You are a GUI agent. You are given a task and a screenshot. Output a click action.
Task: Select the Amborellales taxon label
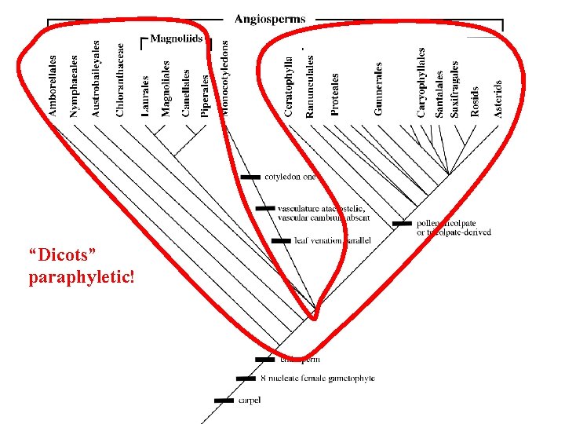pyautogui.click(x=53, y=86)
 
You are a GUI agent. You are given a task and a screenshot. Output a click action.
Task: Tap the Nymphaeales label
pyautogui.click(x=75, y=86)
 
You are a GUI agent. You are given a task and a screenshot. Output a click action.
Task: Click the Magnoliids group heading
pyautogui.click(x=176, y=38)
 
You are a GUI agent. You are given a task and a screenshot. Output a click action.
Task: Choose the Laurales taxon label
pyautogui.click(x=145, y=96)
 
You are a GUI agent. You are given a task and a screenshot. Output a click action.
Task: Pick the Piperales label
pyautogui.click(x=206, y=95)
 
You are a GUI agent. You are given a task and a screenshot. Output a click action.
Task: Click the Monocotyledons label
pyautogui.click(x=226, y=79)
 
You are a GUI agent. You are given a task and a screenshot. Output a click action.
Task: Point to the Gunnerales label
pyautogui.click(x=379, y=89)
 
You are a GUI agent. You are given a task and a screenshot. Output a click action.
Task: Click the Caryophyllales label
pyautogui.click(x=421, y=82)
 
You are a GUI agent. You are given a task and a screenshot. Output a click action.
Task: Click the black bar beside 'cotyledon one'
pyautogui.click(x=250, y=177)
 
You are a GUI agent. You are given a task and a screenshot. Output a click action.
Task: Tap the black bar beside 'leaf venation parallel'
pyautogui.click(x=280, y=240)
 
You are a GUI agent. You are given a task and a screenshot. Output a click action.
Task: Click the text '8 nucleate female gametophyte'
pyautogui.click(x=317, y=378)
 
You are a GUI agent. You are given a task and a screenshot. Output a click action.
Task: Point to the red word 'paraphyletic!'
pyautogui.click(x=81, y=278)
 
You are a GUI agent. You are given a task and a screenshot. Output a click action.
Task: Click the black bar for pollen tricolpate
pyautogui.click(x=402, y=224)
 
